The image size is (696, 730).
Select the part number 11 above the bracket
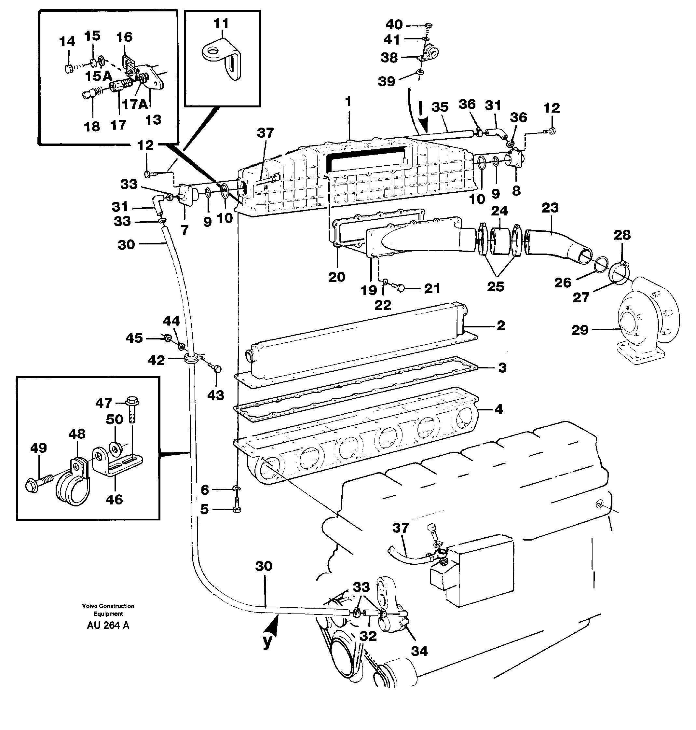222,24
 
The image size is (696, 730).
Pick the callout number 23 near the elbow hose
550,208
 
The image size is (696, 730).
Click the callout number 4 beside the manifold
499,409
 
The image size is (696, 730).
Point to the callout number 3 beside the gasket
502,368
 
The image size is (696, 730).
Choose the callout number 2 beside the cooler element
500,325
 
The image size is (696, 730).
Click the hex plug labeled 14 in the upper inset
68,69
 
